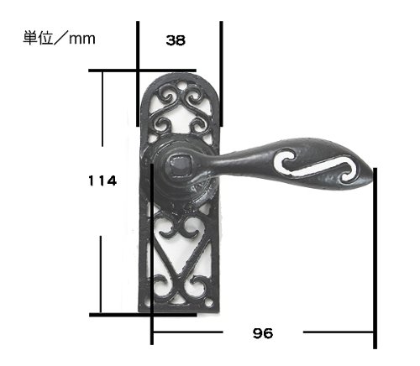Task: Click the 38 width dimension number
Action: tap(176, 40)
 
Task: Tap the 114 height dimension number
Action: tap(102, 180)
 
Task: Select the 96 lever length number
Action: tap(263, 333)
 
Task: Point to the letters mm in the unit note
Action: tap(82, 39)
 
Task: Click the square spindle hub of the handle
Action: tap(179, 165)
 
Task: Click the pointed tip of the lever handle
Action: tap(373, 174)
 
